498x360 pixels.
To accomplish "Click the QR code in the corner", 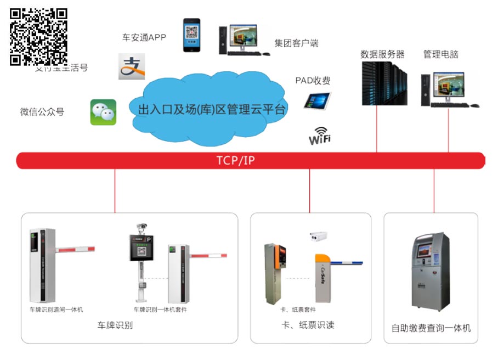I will pyautogui.click(x=38, y=36).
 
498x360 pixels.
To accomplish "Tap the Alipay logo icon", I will pyautogui.click(x=131, y=66).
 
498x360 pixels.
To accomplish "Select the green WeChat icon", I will pyautogui.click(x=103, y=112).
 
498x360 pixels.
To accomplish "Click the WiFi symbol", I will pyautogui.click(x=320, y=136).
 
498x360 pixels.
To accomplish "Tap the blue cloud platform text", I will pyautogui.click(x=212, y=109).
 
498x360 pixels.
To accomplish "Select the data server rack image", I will pyautogui.click(x=383, y=83).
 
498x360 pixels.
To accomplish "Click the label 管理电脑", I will pyautogui.click(x=440, y=54).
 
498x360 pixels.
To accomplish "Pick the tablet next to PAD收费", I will pyautogui.click(x=318, y=100).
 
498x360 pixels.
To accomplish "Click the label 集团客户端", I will pyautogui.click(x=296, y=43).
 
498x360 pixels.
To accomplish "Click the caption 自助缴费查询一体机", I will pyautogui.click(x=431, y=328).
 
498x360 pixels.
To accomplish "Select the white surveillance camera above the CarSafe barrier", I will pyautogui.click(x=318, y=236).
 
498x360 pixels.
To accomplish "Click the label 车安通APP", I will pyautogui.click(x=144, y=37).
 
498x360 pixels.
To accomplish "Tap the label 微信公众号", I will pyautogui.click(x=42, y=112).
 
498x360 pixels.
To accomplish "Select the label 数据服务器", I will pyautogui.click(x=382, y=54).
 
